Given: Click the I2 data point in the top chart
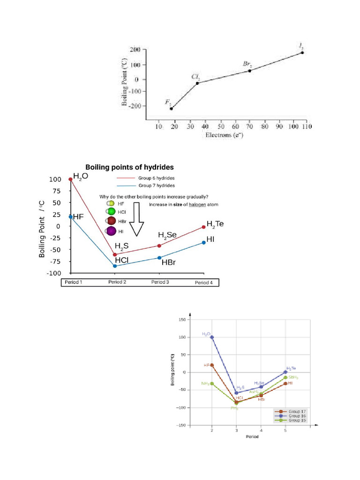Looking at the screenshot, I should point(302,52).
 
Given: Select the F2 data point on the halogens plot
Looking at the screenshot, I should point(171,109).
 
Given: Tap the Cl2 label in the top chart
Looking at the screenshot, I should point(195,76).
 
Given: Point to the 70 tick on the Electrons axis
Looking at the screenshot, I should point(249,127).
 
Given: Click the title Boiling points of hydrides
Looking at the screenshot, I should point(129,167).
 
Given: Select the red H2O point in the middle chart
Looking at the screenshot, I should point(71,179).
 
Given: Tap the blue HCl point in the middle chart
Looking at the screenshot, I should point(115,266).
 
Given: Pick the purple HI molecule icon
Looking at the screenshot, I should point(111,231).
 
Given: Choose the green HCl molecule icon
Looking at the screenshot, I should point(111,212).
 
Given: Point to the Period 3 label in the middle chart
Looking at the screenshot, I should point(160,282).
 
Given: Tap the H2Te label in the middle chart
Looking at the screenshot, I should point(215,224).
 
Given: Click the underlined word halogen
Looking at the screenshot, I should point(197,204).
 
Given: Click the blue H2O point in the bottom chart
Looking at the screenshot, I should point(212,337).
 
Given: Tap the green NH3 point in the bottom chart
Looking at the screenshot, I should point(212,383).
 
